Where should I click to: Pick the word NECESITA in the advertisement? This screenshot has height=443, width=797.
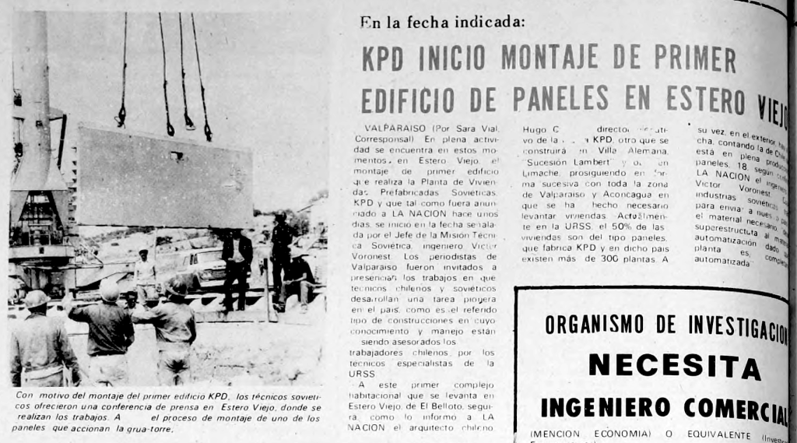point(674,364)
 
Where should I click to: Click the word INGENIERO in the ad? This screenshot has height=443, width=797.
point(606,406)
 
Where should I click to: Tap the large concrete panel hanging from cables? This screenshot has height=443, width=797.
point(163,177)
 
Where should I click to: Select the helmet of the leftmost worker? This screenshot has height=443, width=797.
point(36,299)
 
